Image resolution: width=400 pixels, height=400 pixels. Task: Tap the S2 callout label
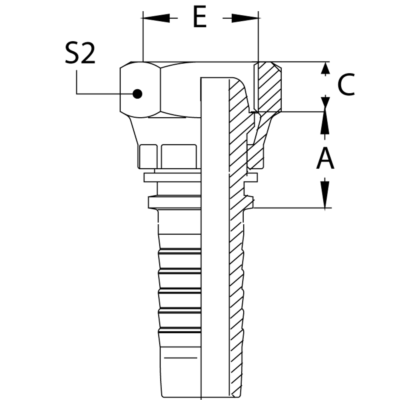pos(80,55)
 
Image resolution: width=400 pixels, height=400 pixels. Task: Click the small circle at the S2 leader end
pos(137,94)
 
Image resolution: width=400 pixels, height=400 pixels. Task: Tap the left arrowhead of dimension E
pos(149,18)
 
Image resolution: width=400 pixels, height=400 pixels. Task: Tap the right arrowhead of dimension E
pos(252,18)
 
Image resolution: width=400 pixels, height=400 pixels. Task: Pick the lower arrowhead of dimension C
pos(326,103)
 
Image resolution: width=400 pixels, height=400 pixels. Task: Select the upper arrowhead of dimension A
pos(326,120)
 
